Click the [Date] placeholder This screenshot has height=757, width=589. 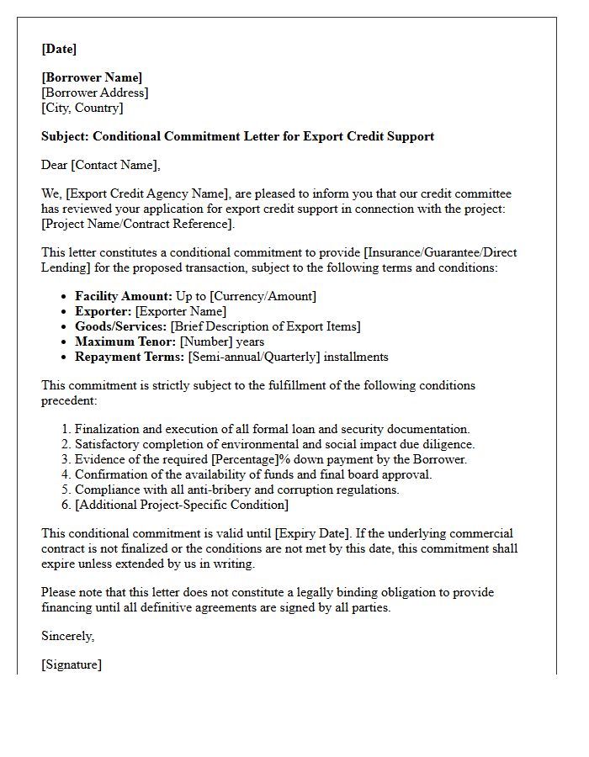click(59, 49)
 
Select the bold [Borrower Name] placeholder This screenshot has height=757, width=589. click(92, 78)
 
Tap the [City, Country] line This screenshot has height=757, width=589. click(82, 108)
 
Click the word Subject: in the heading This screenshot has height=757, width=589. click(65, 136)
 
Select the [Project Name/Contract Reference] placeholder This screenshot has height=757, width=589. click(138, 224)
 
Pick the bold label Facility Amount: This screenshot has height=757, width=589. click(124, 296)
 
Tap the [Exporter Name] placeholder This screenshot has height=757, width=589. click(180, 311)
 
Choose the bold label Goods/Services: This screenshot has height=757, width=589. click(120, 326)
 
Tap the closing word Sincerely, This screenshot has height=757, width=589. click(67, 636)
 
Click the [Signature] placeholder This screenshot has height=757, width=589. click(72, 664)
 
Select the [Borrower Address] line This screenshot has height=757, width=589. click(94, 93)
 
